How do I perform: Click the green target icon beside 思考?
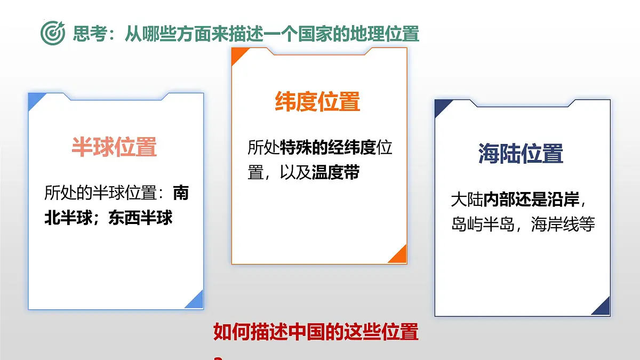pyautogui.click(x=53, y=33)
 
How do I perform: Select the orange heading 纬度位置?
pyautogui.click(x=318, y=101)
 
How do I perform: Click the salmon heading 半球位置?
pyautogui.click(x=115, y=147)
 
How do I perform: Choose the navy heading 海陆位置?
pyautogui.click(x=521, y=154)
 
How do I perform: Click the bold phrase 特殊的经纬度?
pyautogui.click(x=328, y=148)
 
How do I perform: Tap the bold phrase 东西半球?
pyautogui.click(x=141, y=218)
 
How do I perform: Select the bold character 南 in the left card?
pyautogui.click(x=180, y=193)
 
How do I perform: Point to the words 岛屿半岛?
pyautogui.click(x=482, y=225)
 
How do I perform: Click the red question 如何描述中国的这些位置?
pyautogui.click(x=316, y=332)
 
